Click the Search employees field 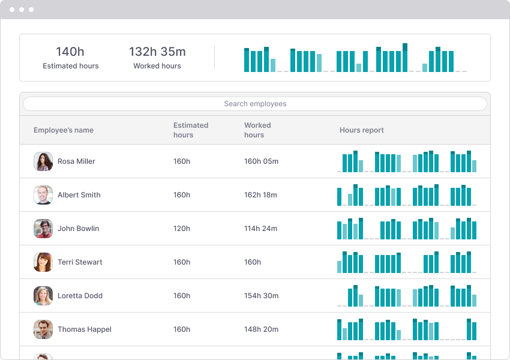255,104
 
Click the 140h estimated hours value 70,52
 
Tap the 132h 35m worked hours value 157,52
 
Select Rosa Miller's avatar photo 43,161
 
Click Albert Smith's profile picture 43,195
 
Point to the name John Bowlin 78,229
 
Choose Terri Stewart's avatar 43,262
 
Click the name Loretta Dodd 80,296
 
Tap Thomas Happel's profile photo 43,329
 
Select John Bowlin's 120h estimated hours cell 182,229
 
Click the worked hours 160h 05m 261,161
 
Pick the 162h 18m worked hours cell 260,195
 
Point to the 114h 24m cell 260,229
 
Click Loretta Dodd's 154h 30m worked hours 261,296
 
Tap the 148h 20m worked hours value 261,329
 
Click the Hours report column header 361,130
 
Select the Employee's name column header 64,130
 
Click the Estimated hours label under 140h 70,66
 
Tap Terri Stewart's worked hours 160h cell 253,262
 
